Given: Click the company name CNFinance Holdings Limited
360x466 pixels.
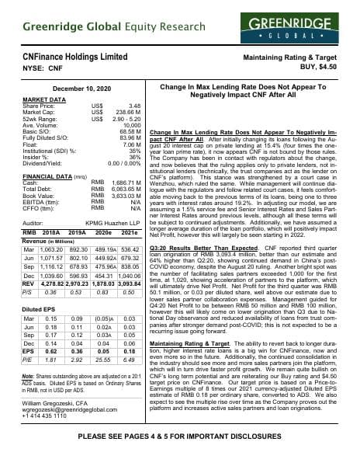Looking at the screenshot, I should click(x=75, y=57).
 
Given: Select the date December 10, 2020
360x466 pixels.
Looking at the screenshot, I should click(x=77, y=90).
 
